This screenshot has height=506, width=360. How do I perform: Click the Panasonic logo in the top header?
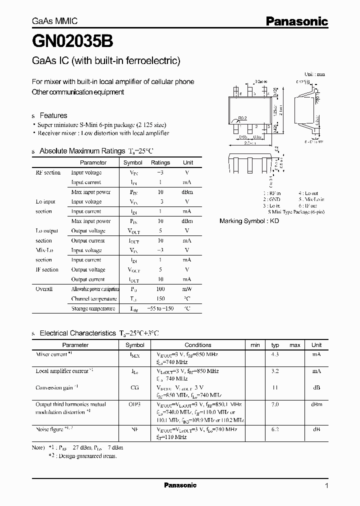pyautogui.click(x=296, y=21)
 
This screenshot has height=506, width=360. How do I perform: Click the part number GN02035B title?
pyautogui.click(x=66, y=42)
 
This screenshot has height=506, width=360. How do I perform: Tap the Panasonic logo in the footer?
pyautogui.click(x=180, y=485)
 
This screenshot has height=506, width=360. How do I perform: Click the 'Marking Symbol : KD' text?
pyautogui.click(x=249, y=220)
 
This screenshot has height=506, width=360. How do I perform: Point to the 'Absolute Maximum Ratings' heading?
pyautogui.click(x=82, y=151)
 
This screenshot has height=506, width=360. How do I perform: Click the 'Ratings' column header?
pyautogui.click(x=160, y=162)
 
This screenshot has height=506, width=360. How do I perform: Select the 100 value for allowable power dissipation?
pyautogui.click(x=160, y=289)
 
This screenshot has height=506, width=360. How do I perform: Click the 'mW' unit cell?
pyautogui.click(x=187, y=289)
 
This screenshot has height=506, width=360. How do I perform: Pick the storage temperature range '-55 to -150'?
pyautogui.click(x=160, y=308)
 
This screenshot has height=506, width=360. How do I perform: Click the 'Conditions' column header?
pyautogui.click(x=198, y=345)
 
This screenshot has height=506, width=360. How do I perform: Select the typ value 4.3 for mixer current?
pyautogui.click(x=275, y=354)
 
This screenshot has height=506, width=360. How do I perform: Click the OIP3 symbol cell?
pyautogui.click(x=134, y=404)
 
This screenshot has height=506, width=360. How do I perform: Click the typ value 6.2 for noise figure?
pyautogui.click(x=275, y=429)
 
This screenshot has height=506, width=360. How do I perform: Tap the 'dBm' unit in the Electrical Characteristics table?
pyautogui.click(x=316, y=404)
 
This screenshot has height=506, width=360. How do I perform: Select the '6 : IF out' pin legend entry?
pyautogui.click(x=308, y=205)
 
